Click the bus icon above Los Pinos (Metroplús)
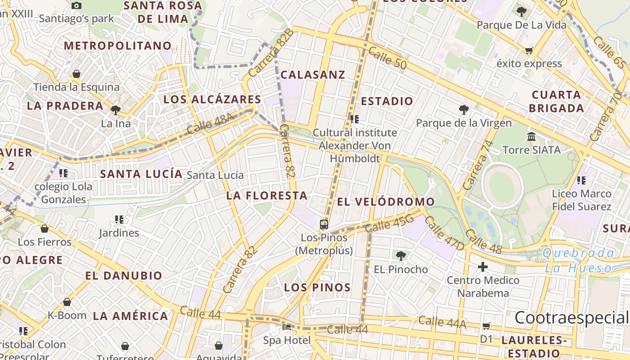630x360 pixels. [324, 224]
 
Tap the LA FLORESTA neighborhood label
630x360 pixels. [267, 196]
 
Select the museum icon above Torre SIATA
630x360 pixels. [531, 136]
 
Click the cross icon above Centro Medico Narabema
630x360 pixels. [482, 267]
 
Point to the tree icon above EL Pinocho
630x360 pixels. [400, 256]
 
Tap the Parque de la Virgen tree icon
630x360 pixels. [463, 109]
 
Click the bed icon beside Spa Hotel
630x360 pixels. [287, 327]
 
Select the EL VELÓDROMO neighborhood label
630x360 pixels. [386, 202]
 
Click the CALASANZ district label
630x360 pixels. [313, 75]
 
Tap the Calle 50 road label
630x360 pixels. [387, 58]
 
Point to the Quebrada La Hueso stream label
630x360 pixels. [578, 261]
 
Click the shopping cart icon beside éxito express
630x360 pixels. [529, 51]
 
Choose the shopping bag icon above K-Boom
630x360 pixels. [67, 302]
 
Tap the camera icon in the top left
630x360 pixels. [76, 5]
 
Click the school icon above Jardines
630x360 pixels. [119, 220]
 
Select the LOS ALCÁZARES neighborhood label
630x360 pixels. [212, 99]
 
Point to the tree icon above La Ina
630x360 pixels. [116, 110]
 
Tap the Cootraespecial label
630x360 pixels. [571, 318]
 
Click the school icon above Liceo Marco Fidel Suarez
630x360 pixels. [581, 180]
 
